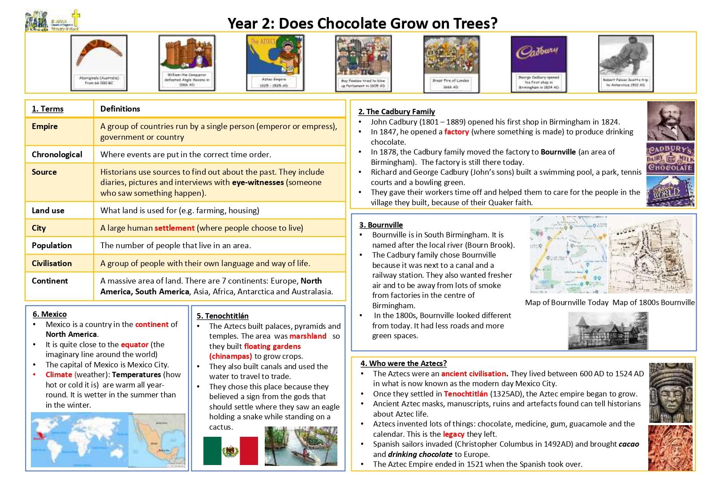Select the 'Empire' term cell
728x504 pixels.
(x=45, y=126)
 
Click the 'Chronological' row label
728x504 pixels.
(x=57, y=155)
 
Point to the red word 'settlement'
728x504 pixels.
(x=174, y=228)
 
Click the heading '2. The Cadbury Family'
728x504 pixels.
(x=396, y=112)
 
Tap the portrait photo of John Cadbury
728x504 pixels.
(x=671, y=121)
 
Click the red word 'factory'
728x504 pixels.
(x=457, y=132)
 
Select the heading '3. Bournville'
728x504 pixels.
(x=381, y=225)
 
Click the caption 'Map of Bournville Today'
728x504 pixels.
(x=567, y=302)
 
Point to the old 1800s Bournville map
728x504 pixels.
(x=650, y=255)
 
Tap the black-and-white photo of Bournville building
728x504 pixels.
(x=607, y=331)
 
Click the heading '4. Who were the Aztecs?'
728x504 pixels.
(x=404, y=363)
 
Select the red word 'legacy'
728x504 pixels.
(x=454, y=434)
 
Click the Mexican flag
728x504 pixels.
(x=230, y=451)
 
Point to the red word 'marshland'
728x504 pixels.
(x=308, y=336)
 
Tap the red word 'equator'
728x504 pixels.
(x=134, y=345)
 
